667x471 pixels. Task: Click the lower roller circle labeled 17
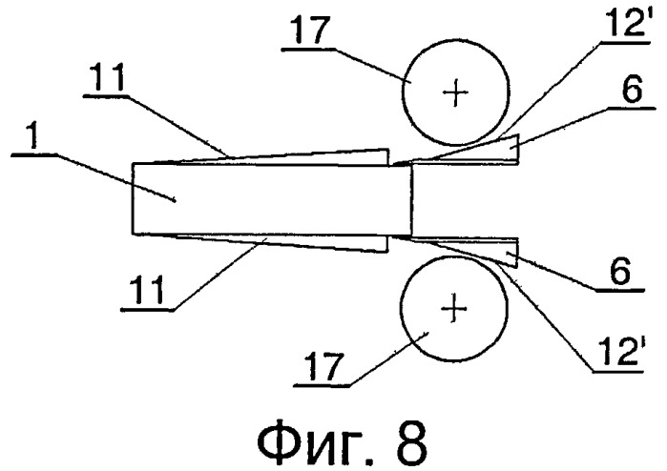pos(401,309)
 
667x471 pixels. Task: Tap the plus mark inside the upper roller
pos(455,92)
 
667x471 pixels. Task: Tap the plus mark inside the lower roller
pos(454,309)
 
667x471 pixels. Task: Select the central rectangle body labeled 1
pos(272,199)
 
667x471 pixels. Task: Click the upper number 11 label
pos(109,78)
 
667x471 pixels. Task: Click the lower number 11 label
pos(148,289)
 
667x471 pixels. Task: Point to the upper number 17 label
pos(309,30)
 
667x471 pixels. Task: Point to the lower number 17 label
pos(323,366)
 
